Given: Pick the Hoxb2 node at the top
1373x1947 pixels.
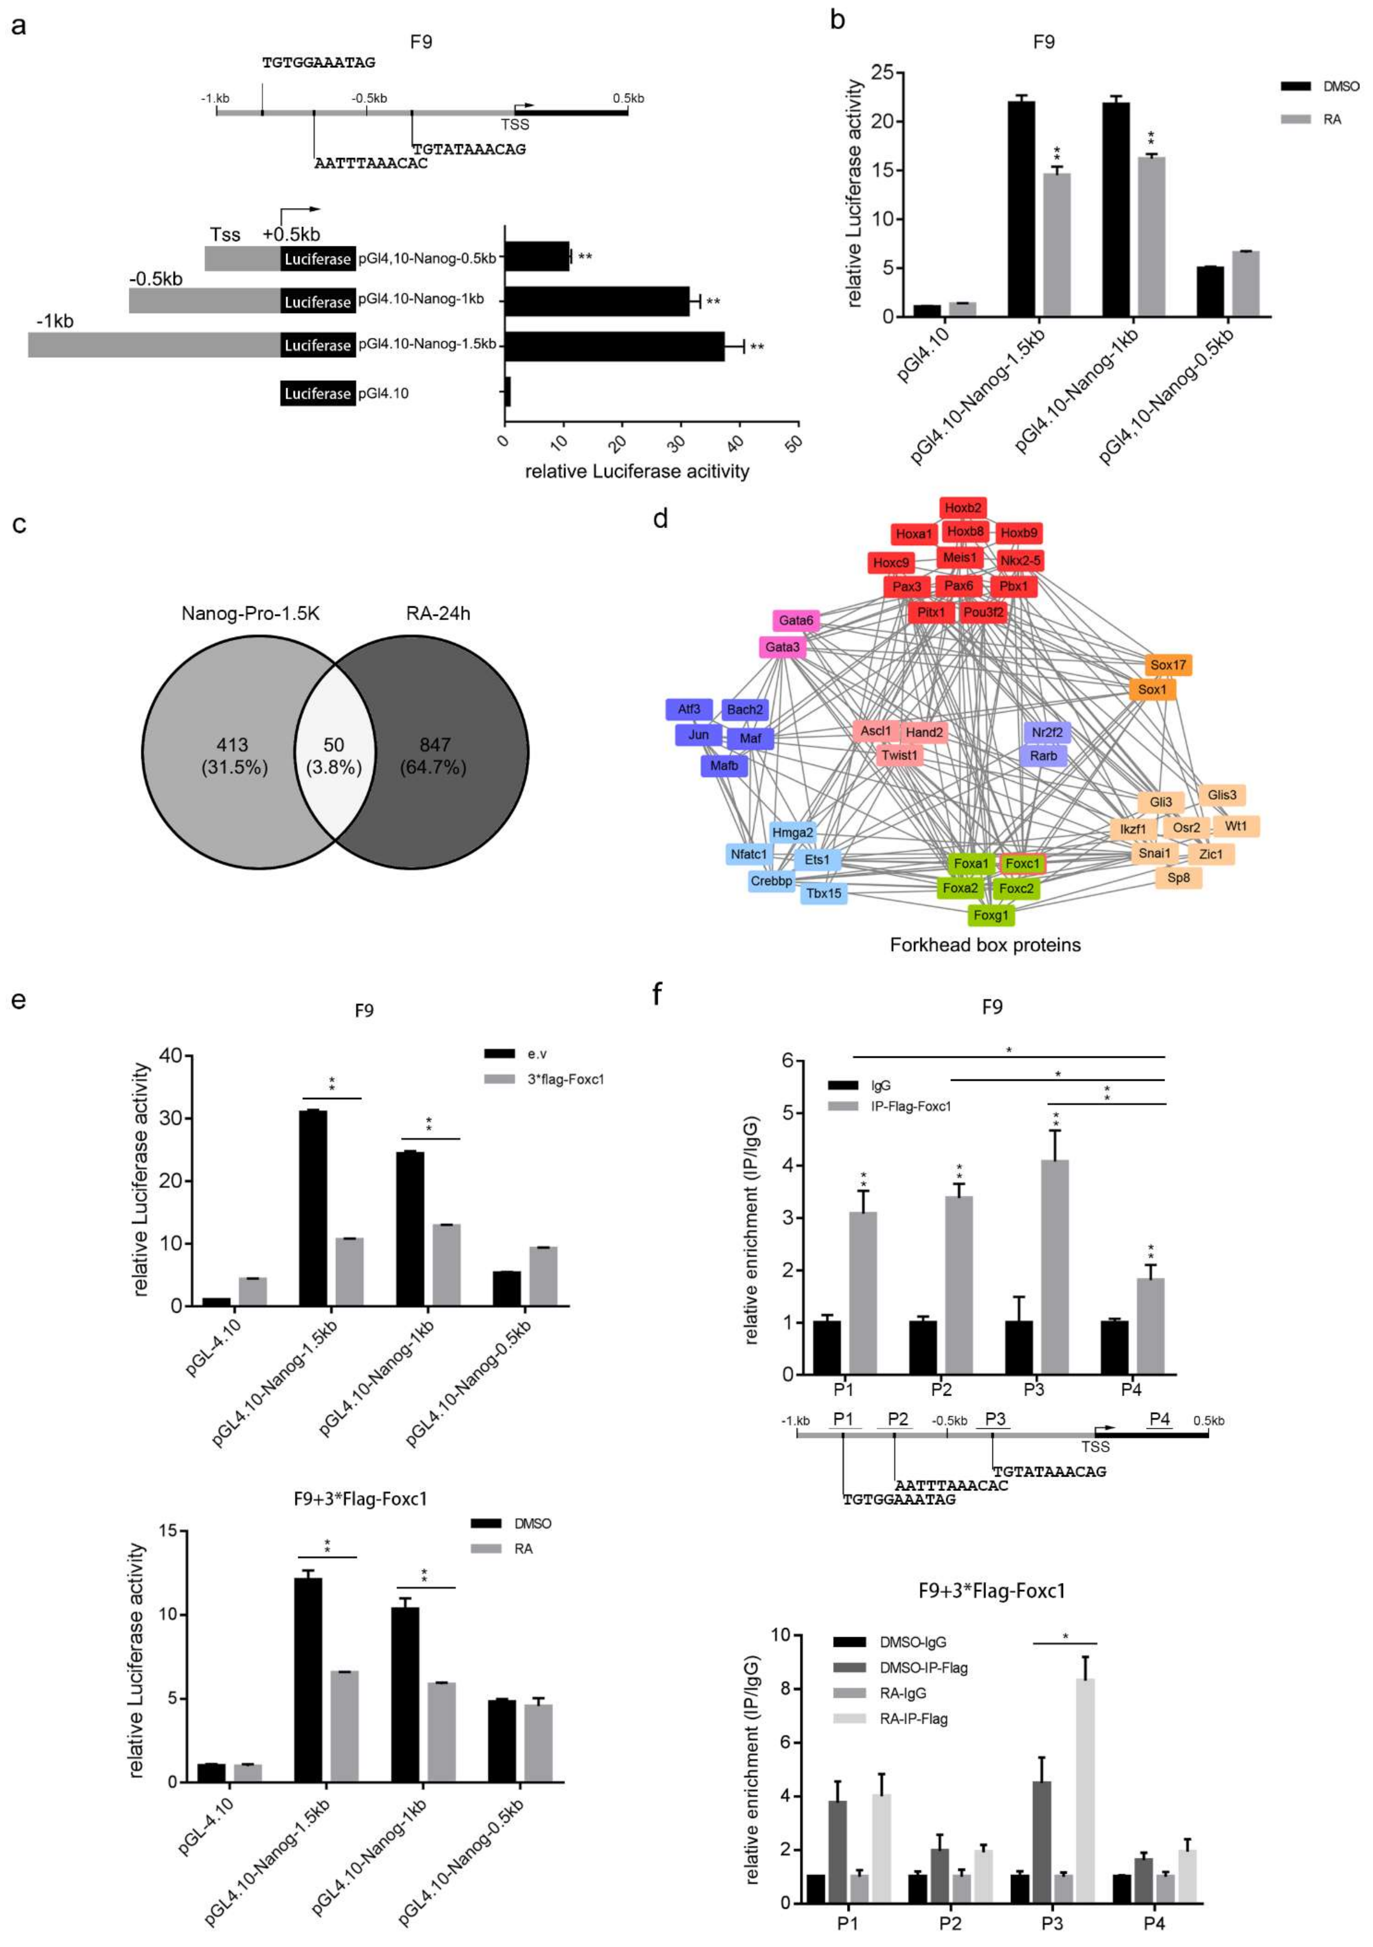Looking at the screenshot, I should pyautogui.click(x=962, y=508).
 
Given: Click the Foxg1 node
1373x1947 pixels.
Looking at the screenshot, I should pyautogui.click(x=990, y=915).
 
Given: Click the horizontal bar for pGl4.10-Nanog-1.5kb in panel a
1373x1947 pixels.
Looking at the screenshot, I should pyautogui.click(x=615, y=346).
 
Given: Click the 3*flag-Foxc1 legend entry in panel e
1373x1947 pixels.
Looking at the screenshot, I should pyautogui.click(x=555, y=1079).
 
